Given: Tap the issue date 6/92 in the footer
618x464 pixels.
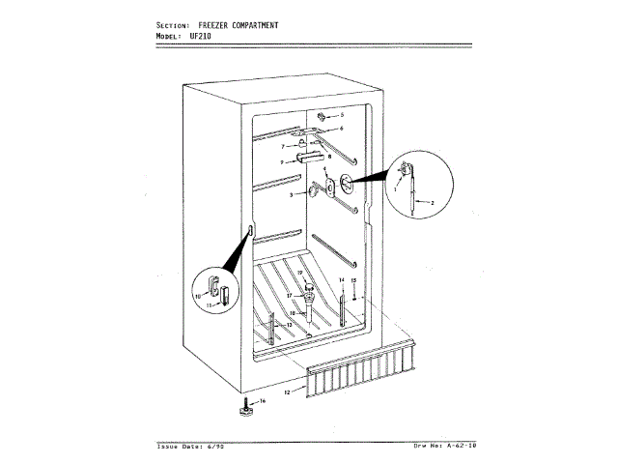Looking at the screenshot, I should click(222, 446).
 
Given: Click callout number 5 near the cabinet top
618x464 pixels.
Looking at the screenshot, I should click(341, 115).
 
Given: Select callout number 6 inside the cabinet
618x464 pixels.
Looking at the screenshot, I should click(341, 128).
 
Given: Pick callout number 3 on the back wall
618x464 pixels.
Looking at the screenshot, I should click(282, 161).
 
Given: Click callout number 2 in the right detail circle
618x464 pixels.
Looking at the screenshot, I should click(432, 201).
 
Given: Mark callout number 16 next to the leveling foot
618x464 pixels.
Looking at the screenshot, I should click(263, 400).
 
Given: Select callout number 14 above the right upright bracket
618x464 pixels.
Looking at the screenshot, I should click(341, 279).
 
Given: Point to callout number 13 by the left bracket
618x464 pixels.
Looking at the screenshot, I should click(289, 325).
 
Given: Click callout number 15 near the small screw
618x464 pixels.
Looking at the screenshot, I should click(354, 279).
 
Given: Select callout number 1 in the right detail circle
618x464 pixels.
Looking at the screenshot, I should click(395, 191).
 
